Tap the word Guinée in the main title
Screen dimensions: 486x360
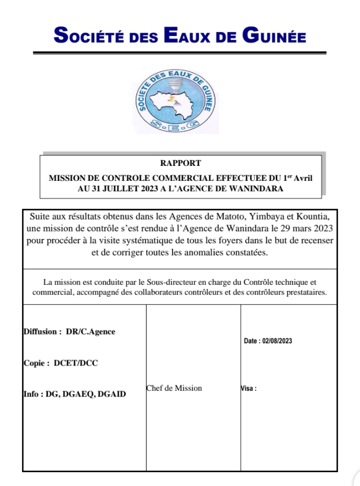(x=274, y=36)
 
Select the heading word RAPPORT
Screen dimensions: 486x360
(x=180, y=164)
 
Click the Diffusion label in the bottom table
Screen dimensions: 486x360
(x=42, y=332)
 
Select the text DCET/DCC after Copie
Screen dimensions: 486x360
(x=76, y=363)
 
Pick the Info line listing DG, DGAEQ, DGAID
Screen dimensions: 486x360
(x=75, y=394)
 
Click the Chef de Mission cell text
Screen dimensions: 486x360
(x=174, y=388)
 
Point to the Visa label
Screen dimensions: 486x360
(x=249, y=388)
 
